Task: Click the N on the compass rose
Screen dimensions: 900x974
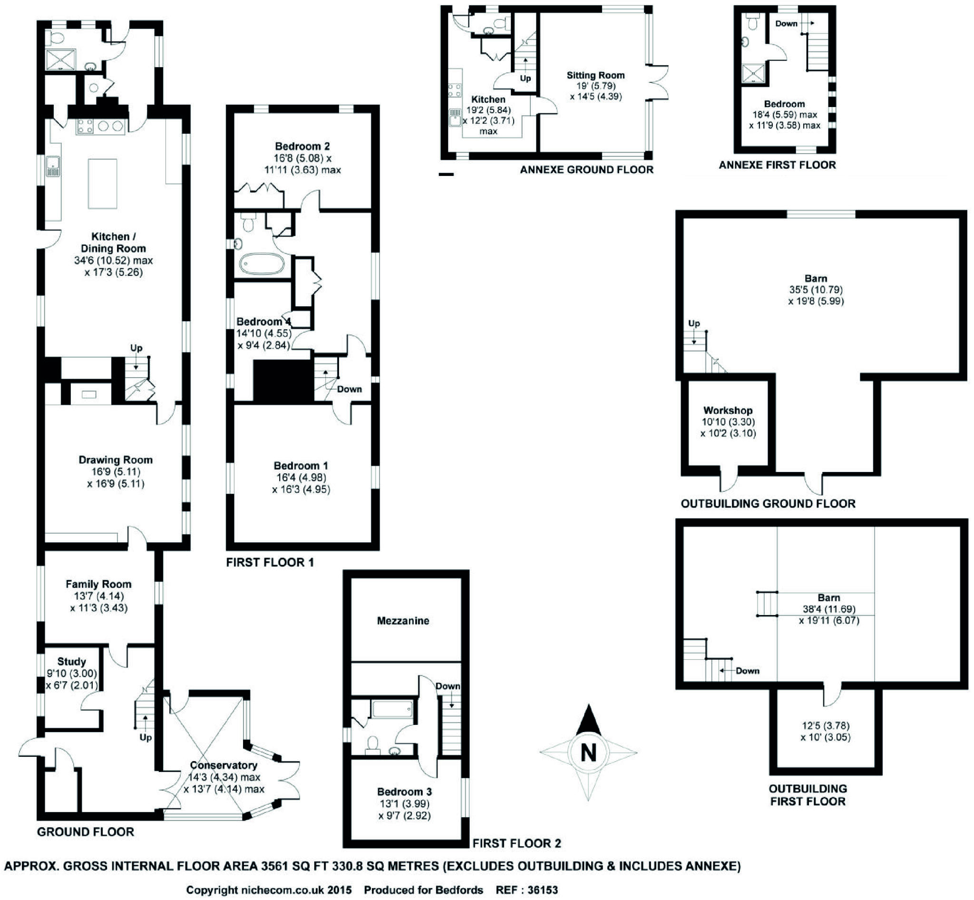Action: pyautogui.click(x=588, y=753)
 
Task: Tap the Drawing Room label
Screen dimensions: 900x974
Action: pyautogui.click(x=116, y=460)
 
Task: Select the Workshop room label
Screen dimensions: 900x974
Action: pyautogui.click(x=728, y=410)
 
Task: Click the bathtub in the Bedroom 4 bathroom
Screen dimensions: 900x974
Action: pyautogui.click(x=262, y=264)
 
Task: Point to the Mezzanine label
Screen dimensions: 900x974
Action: pyautogui.click(x=403, y=620)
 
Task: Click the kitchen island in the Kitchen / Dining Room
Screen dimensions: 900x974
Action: pyautogui.click(x=102, y=184)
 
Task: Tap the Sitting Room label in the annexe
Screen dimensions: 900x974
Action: pyautogui.click(x=595, y=75)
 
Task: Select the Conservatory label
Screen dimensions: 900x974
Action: pyautogui.click(x=224, y=765)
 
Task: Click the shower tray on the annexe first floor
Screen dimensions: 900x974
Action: pyautogui.click(x=753, y=74)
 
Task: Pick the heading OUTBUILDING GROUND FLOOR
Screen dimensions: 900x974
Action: pyautogui.click(x=768, y=504)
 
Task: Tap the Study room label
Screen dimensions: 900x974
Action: pyautogui.click(x=72, y=661)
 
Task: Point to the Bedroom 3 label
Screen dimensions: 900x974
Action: pyautogui.click(x=404, y=792)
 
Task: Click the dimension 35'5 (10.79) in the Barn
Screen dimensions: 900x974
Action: pyautogui.click(x=816, y=290)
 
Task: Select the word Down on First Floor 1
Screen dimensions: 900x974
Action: pyautogui.click(x=349, y=389)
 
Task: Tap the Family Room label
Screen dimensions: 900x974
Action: pyautogui.click(x=98, y=584)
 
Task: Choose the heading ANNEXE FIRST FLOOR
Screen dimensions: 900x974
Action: pyautogui.click(x=777, y=165)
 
